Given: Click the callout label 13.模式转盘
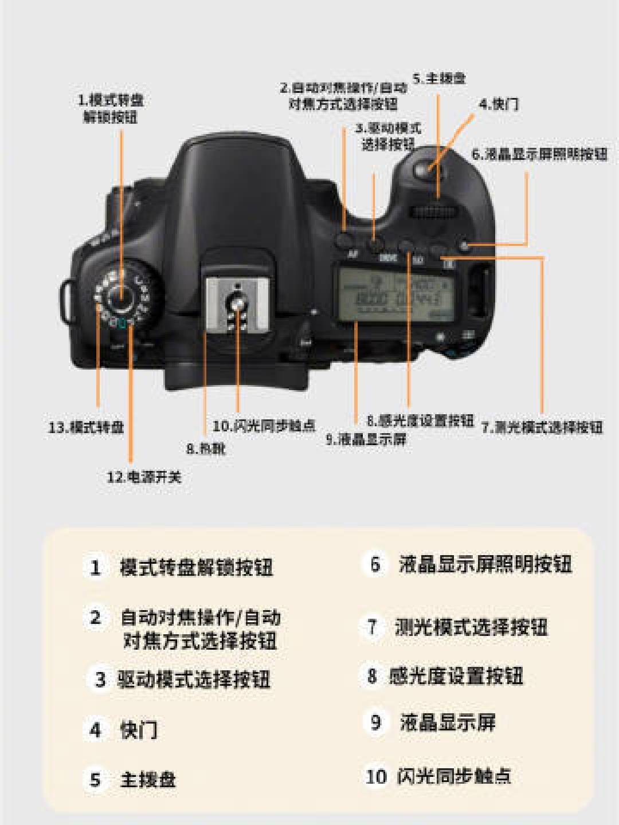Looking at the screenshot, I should click(86, 427).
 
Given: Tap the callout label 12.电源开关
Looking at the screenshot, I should click(144, 477).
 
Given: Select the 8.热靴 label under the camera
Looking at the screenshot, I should click(206, 449).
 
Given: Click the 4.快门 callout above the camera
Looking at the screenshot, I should click(499, 104).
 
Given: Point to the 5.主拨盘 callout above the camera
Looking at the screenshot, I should click(439, 78).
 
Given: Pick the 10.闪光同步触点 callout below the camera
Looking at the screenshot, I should click(264, 426).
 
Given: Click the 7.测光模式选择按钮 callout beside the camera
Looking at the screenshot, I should click(542, 427).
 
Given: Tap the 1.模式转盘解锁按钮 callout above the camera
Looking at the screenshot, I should click(111, 108).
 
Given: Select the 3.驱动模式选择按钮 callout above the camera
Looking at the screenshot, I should click(388, 136).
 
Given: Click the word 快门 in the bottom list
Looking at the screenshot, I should click(139, 730).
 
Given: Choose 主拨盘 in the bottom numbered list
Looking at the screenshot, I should click(148, 780).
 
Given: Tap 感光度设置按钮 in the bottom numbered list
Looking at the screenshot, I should click(456, 676).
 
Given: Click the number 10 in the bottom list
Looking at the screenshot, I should click(376, 776).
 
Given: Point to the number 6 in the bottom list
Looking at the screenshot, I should click(375, 564).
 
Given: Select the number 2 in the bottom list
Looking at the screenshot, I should click(96, 618).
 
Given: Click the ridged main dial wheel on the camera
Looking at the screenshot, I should click(435, 213).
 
